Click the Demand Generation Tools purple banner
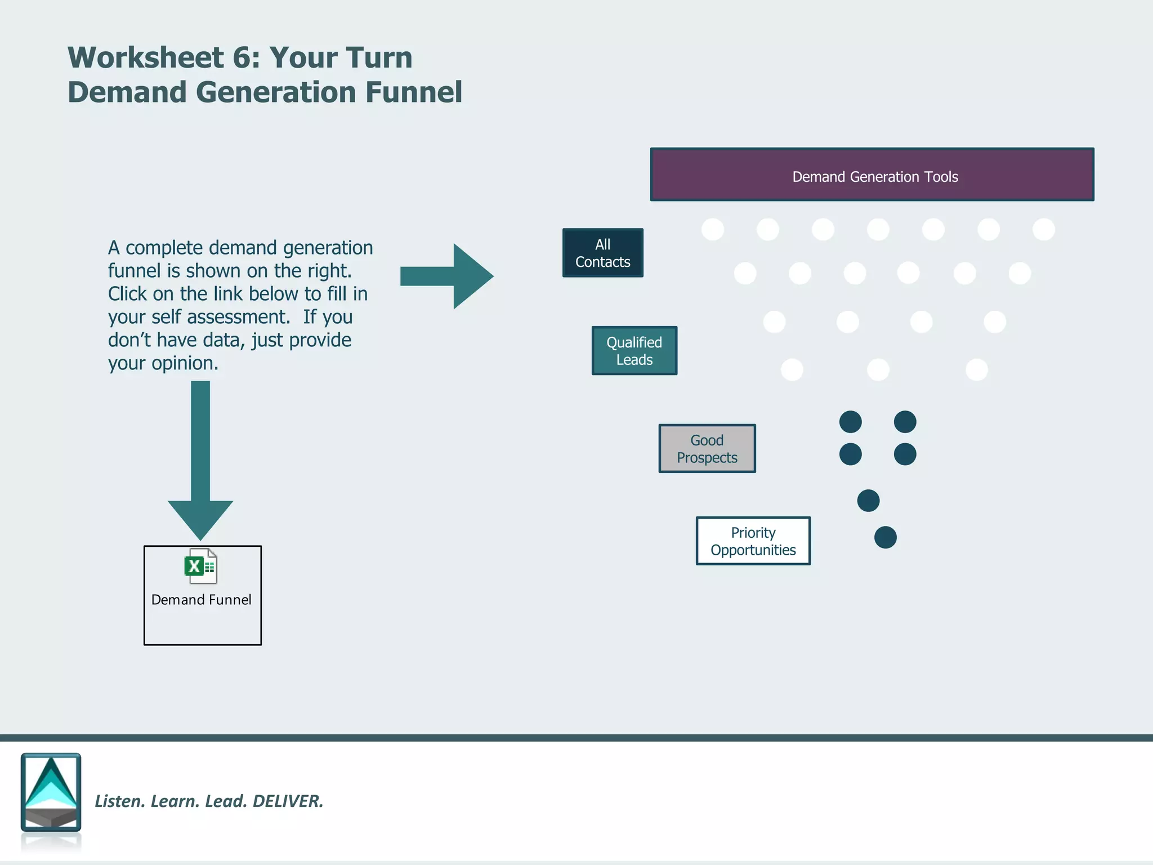tap(872, 175)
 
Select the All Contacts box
tap(602, 253)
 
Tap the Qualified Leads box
tap(634, 351)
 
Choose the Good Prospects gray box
tap(707, 449)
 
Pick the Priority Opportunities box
tap(753, 541)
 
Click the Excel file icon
tap(200, 566)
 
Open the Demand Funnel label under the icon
tap(202, 600)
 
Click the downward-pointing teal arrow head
tap(200, 518)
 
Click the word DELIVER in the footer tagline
tap(288, 801)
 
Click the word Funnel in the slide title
tap(414, 92)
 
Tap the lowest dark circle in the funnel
tap(885, 537)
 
